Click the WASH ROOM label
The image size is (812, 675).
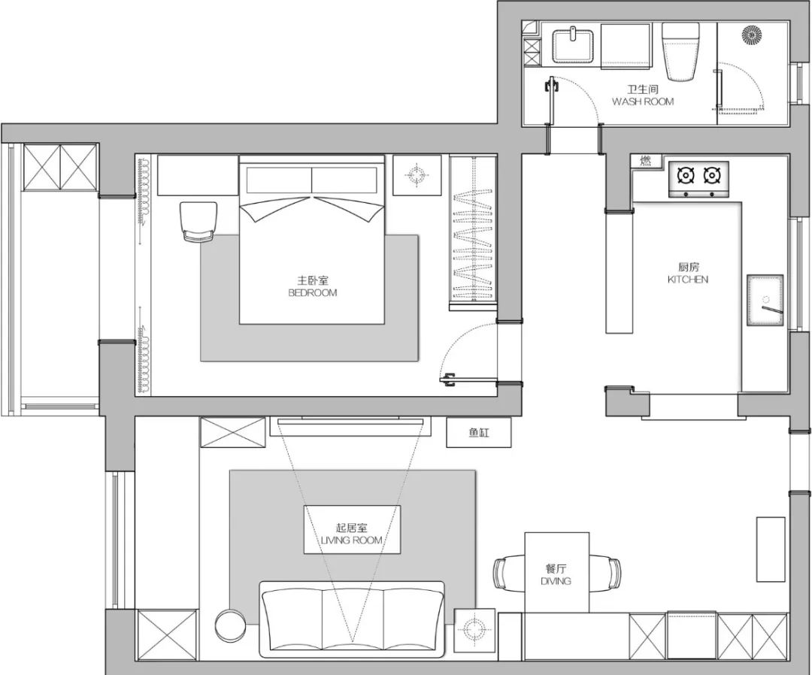pos(643,101)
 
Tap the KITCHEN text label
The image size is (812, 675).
pos(688,280)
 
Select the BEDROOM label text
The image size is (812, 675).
pos(312,293)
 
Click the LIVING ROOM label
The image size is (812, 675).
pos(352,540)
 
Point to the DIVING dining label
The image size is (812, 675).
pos(556,581)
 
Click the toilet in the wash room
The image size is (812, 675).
pos(681,51)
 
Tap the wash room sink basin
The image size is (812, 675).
pos(573,45)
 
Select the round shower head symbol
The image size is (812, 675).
pos(752,35)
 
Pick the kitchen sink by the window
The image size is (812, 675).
pos(765,301)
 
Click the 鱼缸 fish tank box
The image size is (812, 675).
pos(479,432)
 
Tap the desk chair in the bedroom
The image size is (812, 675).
pos(197,222)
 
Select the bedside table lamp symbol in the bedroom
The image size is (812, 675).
pos(417,175)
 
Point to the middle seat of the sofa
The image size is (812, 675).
pos(352,619)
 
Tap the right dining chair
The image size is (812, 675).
pos(604,573)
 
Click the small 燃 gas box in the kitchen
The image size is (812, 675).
pos(647,161)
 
